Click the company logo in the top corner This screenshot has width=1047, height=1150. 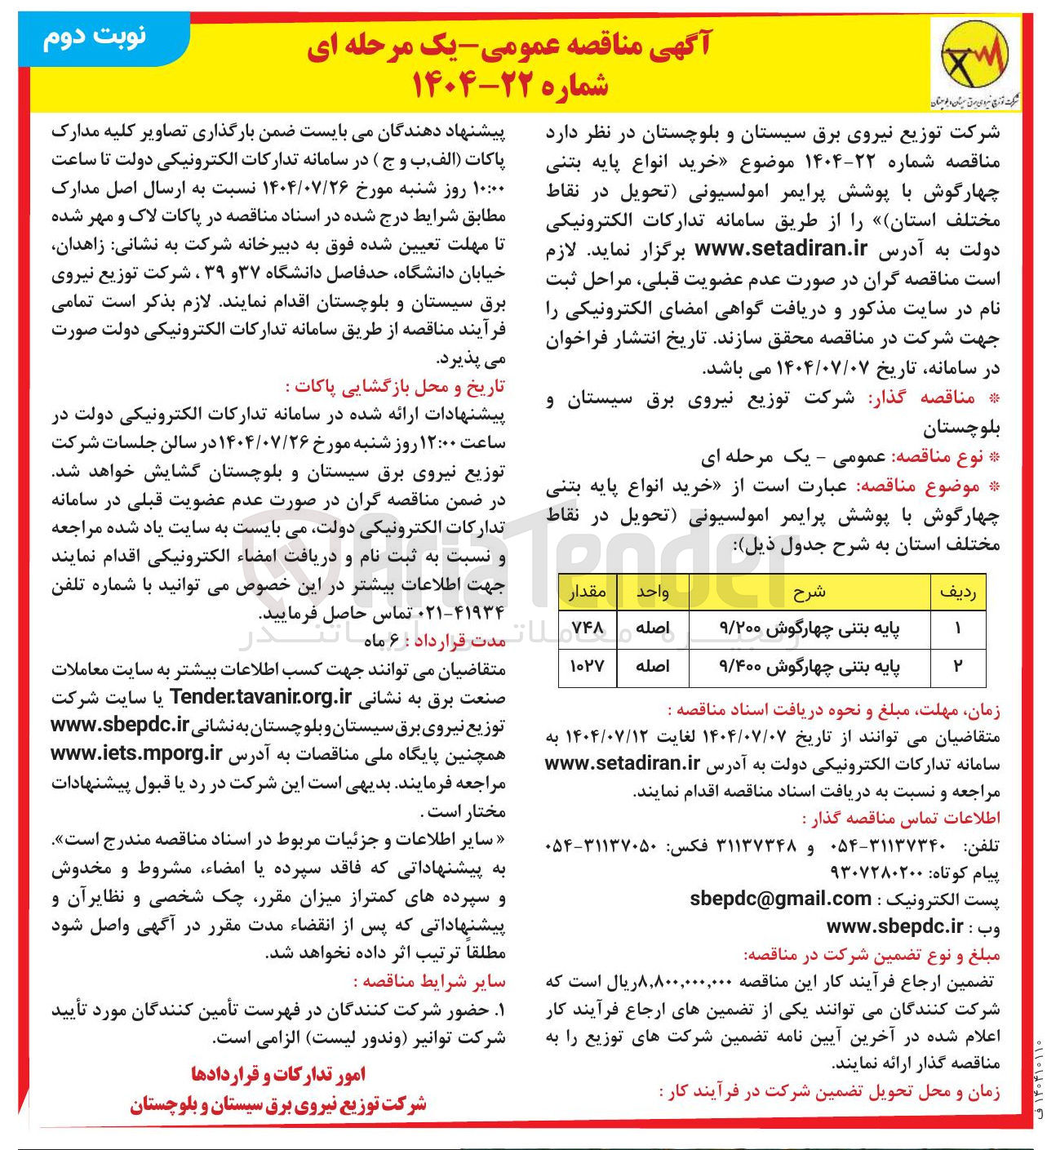click(x=976, y=64)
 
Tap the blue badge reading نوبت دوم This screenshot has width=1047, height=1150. click(x=97, y=38)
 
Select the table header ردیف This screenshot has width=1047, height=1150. click(x=958, y=592)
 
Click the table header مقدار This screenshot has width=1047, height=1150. click(x=587, y=592)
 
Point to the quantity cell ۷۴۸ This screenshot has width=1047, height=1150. click(x=587, y=628)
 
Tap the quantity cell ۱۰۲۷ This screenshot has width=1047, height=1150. click(x=587, y=666)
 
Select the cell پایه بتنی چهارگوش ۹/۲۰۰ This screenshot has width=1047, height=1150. click(x=810, y=628)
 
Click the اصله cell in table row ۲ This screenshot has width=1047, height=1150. click(x=653, y=666)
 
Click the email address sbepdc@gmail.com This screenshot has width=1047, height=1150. click(x=780, y=899)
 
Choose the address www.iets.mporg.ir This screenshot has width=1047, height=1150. click(x=136, y=753)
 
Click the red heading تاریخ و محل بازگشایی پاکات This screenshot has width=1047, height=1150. click(x=395, y=386)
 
